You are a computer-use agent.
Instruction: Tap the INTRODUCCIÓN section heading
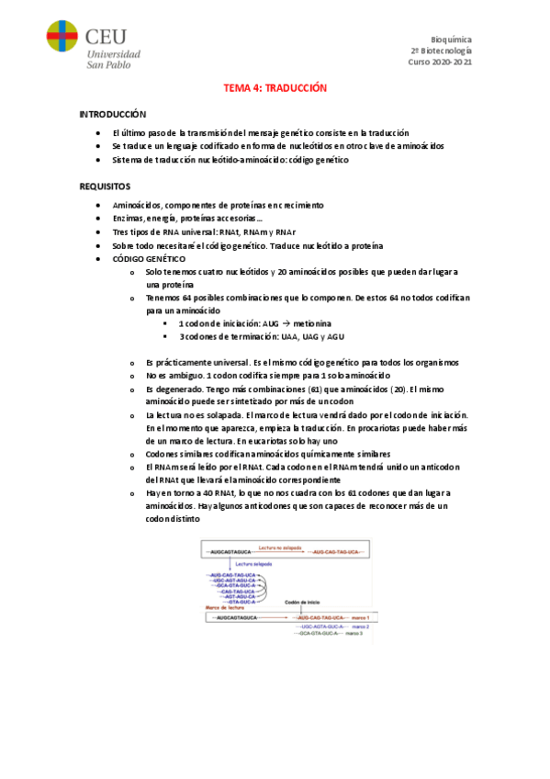[x=113, y=115]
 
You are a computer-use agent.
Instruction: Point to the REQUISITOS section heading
[x=105, y=186]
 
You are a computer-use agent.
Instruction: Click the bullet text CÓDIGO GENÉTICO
[x=149, y=259]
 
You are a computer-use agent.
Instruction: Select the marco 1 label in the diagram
[x=359, y=617]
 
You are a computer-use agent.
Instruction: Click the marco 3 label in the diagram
[x=354, y=634]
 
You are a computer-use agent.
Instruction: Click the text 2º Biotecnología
[x=441, y=51]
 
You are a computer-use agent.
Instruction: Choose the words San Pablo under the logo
[x=108, y=64]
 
